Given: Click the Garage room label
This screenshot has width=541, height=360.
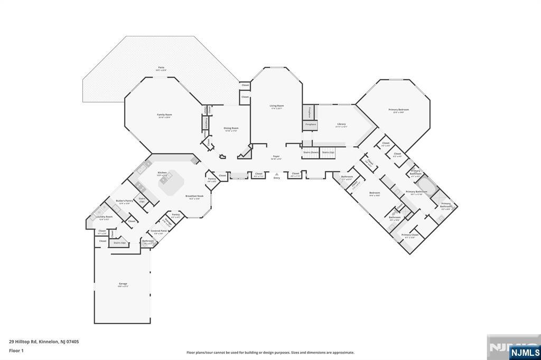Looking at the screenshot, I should coord(123,284).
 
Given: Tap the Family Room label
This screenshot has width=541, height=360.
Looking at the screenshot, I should coord(164,115).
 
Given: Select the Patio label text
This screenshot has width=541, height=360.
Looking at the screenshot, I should coord(161,68).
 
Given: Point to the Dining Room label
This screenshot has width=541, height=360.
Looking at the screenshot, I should coord(230,128).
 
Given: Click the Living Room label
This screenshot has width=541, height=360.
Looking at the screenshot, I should coord(277,106).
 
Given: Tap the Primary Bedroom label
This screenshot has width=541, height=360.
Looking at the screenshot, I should coord(399,110).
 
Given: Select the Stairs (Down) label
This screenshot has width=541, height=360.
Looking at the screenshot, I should coord(311,152).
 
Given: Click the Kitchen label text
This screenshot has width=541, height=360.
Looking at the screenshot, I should coord(162,173).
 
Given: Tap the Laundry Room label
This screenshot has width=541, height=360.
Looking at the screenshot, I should coord(104,217).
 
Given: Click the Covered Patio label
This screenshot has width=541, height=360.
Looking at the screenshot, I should coord(158,231).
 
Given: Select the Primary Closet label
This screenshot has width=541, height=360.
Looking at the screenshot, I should coord(410,235).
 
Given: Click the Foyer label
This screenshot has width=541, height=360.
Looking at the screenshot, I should coord(276,156).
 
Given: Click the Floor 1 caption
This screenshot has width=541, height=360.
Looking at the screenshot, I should coord(16,350).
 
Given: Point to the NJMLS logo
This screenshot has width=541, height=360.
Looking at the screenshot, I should coord(525,352).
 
